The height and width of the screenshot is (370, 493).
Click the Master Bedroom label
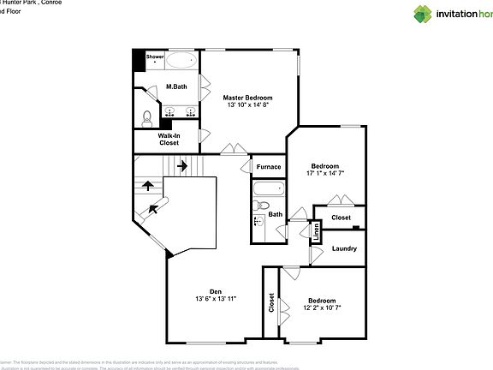(247, 98)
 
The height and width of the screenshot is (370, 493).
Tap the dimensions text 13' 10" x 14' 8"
(247, 106)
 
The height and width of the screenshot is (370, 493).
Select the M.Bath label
(176, 87)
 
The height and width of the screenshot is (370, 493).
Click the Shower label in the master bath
(155, 57)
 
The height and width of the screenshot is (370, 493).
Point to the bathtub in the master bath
(181, 60)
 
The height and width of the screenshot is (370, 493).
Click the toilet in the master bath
(146, 116)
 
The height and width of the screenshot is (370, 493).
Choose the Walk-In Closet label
(168, 139)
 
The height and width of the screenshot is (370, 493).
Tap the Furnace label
(269, 166)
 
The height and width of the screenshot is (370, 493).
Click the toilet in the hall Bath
(264, 206)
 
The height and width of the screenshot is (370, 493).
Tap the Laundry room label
(344, 248)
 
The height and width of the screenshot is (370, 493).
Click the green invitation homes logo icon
(425, 14)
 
